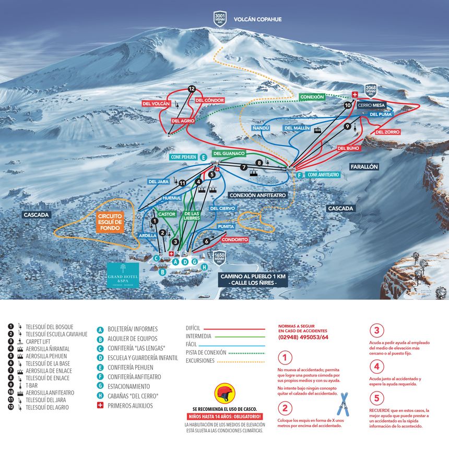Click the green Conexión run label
(x=312, y=97)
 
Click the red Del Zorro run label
(x=387, y=132)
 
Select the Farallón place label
(x=363, y=167)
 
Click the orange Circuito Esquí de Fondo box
(x=110, y=222)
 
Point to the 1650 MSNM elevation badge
(x=219, y=258)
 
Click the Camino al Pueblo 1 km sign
(x=253, y=279)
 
